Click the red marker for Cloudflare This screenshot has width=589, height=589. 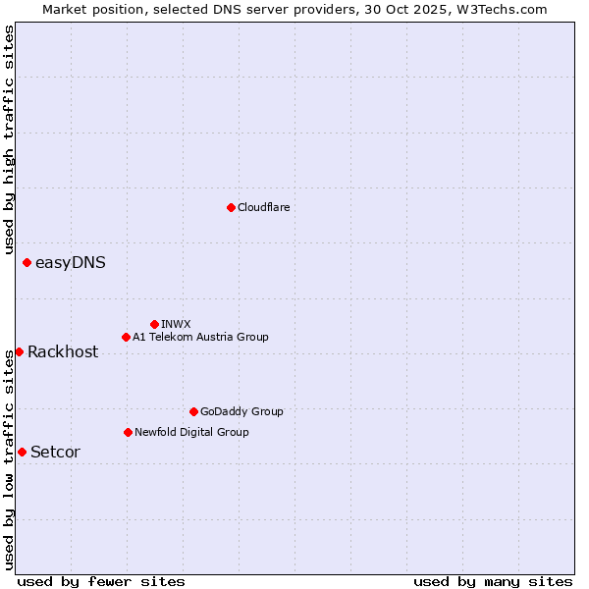pos(231,207)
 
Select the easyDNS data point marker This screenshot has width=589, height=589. pos(27,262)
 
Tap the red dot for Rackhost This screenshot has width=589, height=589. pos(19,351)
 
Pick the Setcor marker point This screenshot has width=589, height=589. pos(22,452)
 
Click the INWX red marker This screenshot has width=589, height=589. pos(154,324)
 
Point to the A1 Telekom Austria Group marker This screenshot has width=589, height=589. pos(126,337)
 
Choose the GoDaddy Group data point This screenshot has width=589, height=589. pos(193,411)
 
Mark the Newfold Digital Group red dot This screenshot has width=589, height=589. pos(128,432)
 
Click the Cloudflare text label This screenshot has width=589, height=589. pos(264,207)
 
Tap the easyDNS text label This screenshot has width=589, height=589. pos(71,262)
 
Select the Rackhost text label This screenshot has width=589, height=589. pos(63,352)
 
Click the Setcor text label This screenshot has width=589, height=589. pos(56,453)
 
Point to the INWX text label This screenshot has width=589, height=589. pos(176,324)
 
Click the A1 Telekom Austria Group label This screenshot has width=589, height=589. pos(200,337)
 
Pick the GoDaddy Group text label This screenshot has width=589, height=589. pos(241,411)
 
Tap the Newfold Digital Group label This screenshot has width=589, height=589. pos(191,432)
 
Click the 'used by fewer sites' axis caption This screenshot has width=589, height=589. pos(101,581)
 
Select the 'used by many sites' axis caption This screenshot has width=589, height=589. pos(493,581)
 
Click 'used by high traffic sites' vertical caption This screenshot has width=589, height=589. pos(9,139)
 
